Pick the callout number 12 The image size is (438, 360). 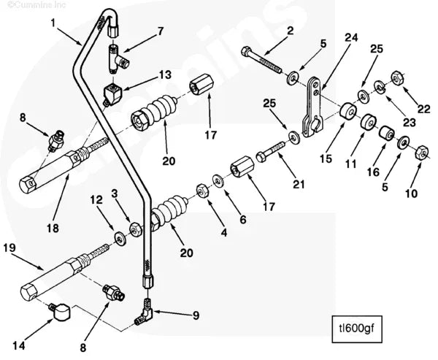[x=96, y=199]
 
